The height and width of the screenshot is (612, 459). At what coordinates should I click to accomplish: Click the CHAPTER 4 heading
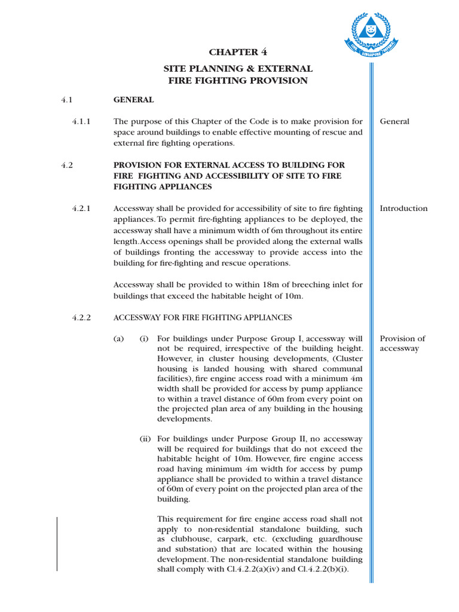pyautogui.click(x=238, y=52)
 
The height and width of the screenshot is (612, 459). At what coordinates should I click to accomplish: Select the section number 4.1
pyautogui.click(x=67, y=100)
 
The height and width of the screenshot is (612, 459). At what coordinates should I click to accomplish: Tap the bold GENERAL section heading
pyautogui.click(x=133, y=100)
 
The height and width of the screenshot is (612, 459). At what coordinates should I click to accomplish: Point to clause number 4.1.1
pyautogui.click(x=81, y=121)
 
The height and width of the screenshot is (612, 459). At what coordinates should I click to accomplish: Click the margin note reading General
pyautogui.click(x=394, y=121)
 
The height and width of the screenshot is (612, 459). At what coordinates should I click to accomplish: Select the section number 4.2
pyautogui.click(x=67, y=165)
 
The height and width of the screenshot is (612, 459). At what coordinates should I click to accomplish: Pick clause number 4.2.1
pyautogui.click(x=81, y=209)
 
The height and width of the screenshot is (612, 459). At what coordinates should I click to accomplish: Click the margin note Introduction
pyautogui.click(x=403, y=209)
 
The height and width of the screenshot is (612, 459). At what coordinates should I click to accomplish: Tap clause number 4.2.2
pyautogui.click(x=81, y=317)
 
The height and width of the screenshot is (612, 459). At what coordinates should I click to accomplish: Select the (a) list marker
pyautogui.click(x=119, y=339)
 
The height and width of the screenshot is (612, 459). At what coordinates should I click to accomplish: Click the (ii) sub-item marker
pyautogui.click(x=145, y=438)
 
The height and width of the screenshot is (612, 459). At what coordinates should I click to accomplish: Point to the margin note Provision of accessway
pyautogui.click(x=402, y=343)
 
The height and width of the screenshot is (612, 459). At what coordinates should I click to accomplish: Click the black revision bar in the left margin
pyautogui.click(x=57, y=544)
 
